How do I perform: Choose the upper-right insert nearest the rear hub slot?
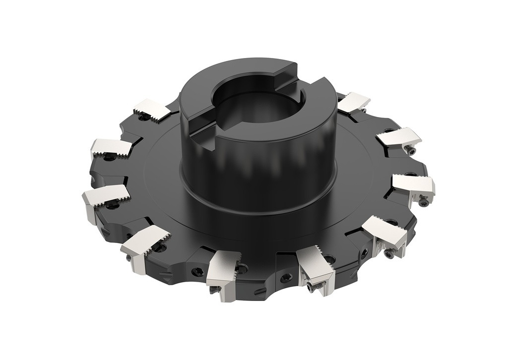click(x=353, y=101)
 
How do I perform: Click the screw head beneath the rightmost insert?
click(x=423, y=202)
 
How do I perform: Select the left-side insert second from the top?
click(x=112, y=147)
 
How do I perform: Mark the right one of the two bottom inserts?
click(x=316, y=268)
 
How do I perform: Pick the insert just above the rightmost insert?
click(x=399, y=137)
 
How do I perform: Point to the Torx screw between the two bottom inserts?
click(x=287, y=278)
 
